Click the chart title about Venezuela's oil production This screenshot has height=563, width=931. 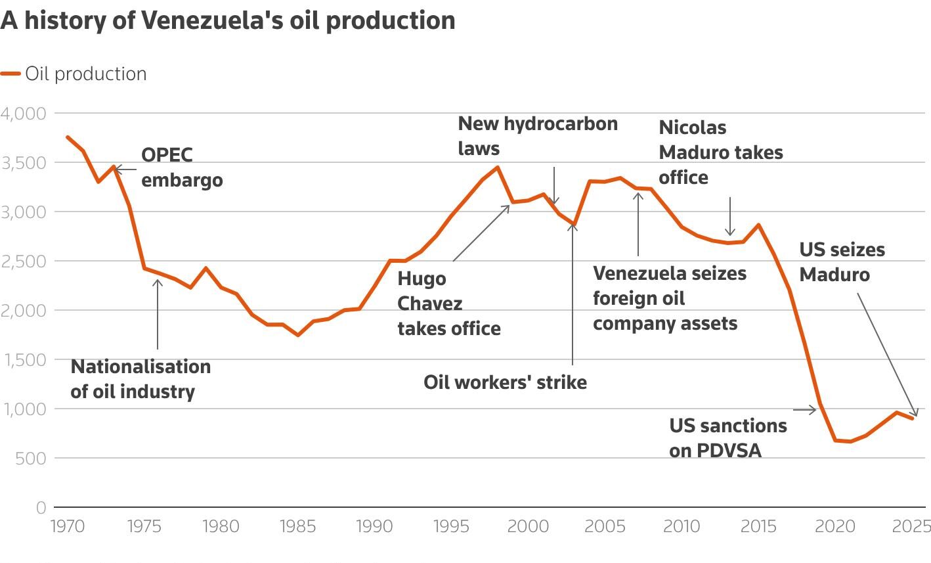(228, 20)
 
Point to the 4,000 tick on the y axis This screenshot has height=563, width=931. (24, 114)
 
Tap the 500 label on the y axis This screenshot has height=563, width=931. (31, 459)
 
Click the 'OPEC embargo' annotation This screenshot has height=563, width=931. (182, 168)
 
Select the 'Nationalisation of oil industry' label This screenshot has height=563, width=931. (141, 379)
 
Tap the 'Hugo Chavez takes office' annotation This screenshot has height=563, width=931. (448, 304)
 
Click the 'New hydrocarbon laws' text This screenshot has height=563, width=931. (537, 136)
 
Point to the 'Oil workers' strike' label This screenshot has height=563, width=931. (505, 382)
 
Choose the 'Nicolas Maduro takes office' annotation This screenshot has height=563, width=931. (720, 152)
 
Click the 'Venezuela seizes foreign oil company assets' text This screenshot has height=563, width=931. (669, 299)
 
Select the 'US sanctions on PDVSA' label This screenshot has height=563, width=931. (727, 438)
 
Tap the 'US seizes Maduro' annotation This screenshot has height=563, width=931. (842, 262)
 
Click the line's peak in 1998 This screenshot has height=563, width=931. (498, 167)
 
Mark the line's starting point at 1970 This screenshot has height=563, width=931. (67, 137)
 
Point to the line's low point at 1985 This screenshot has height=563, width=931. (298, 335)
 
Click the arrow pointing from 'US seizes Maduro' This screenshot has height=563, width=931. (887, 355)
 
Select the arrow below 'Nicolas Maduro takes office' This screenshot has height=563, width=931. (729, 215)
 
